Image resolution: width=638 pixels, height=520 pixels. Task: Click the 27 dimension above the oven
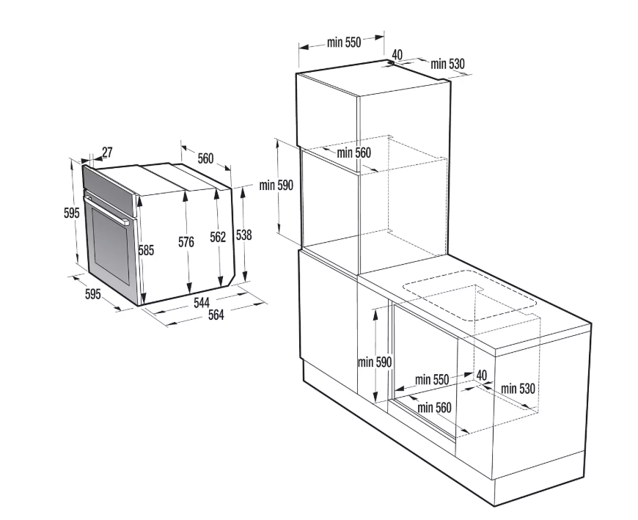[107, 152]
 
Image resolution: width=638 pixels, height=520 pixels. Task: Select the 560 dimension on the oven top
[205, 158]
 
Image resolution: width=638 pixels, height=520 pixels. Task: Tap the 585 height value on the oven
[146, 250]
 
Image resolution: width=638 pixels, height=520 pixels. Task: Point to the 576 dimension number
[186, 242]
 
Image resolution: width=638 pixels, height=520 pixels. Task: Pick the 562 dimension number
[218, 237]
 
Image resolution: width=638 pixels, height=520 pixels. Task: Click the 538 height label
[243, 235]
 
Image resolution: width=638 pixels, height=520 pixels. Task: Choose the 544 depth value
[202, 302]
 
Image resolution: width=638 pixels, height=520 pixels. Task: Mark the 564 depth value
[216, 315]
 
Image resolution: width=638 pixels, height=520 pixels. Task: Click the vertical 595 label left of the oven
[72, 213]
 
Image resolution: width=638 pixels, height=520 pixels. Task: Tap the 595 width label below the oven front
[93, 294]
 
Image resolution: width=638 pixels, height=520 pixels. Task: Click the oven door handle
[106, 210]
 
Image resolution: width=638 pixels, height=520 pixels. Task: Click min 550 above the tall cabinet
[344, 43]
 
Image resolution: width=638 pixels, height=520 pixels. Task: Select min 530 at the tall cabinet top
[447, 64]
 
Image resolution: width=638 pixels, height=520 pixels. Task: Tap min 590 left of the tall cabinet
[276, 185]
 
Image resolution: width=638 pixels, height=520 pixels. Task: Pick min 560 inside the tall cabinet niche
[354, 153]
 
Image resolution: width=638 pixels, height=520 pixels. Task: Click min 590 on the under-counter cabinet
[375, 362]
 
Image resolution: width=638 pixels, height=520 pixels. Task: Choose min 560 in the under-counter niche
[435, 407]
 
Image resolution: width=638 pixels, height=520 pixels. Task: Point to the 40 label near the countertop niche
[481, 376]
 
